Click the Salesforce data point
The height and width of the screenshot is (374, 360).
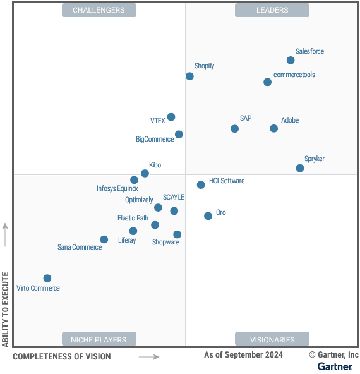[x=291, y=61]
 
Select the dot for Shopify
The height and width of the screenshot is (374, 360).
[x=189, y=76]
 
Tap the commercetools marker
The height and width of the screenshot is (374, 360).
[x=268, y=82]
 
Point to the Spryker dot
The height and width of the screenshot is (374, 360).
[x=300, y=168]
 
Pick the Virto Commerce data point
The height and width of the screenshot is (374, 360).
[x=47, y=279]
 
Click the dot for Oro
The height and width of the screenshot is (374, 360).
[x=208, y=216]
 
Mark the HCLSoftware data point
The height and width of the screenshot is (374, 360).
[x=201, y=185]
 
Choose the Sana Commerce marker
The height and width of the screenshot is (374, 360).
[x=104, y=239]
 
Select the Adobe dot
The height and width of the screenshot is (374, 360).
[x=273, y=128]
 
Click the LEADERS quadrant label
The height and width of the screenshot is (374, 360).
[x=272, y=10]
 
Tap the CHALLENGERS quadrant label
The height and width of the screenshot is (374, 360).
[x=99, y=10]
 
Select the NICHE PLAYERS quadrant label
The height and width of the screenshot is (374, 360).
[x=99, y=339]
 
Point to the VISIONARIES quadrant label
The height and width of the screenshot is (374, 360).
[x=272, y=339]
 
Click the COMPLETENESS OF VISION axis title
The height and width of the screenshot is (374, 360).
[x=62, y=357]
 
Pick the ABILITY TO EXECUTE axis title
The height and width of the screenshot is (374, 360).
[x=6, y=310]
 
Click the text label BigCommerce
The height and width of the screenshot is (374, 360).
[x=154, y=139]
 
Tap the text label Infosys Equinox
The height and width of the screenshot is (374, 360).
[x=117, y=188]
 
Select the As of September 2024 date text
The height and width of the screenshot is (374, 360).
[x=243, y=355]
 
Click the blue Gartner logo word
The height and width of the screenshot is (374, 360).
[x=335, y=366]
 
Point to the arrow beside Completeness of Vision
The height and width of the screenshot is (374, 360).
[x=149, y=357]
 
